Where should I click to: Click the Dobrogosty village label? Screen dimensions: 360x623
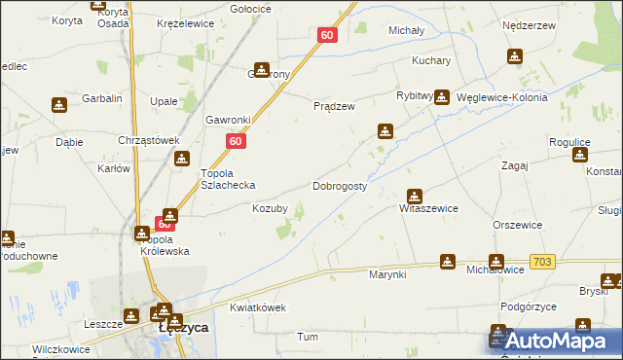(340, 185)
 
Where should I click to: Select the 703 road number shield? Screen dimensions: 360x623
(543, 263)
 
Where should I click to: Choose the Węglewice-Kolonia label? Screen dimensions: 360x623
(500, 98)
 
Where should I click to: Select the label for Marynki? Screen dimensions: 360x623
(386, 274)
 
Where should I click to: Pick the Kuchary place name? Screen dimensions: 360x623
(431, 60)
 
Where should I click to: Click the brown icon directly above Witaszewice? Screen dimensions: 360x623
(415, 195)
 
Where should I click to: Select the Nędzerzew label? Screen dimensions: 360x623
(527, 26)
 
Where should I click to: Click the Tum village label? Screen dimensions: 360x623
(308, 337)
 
